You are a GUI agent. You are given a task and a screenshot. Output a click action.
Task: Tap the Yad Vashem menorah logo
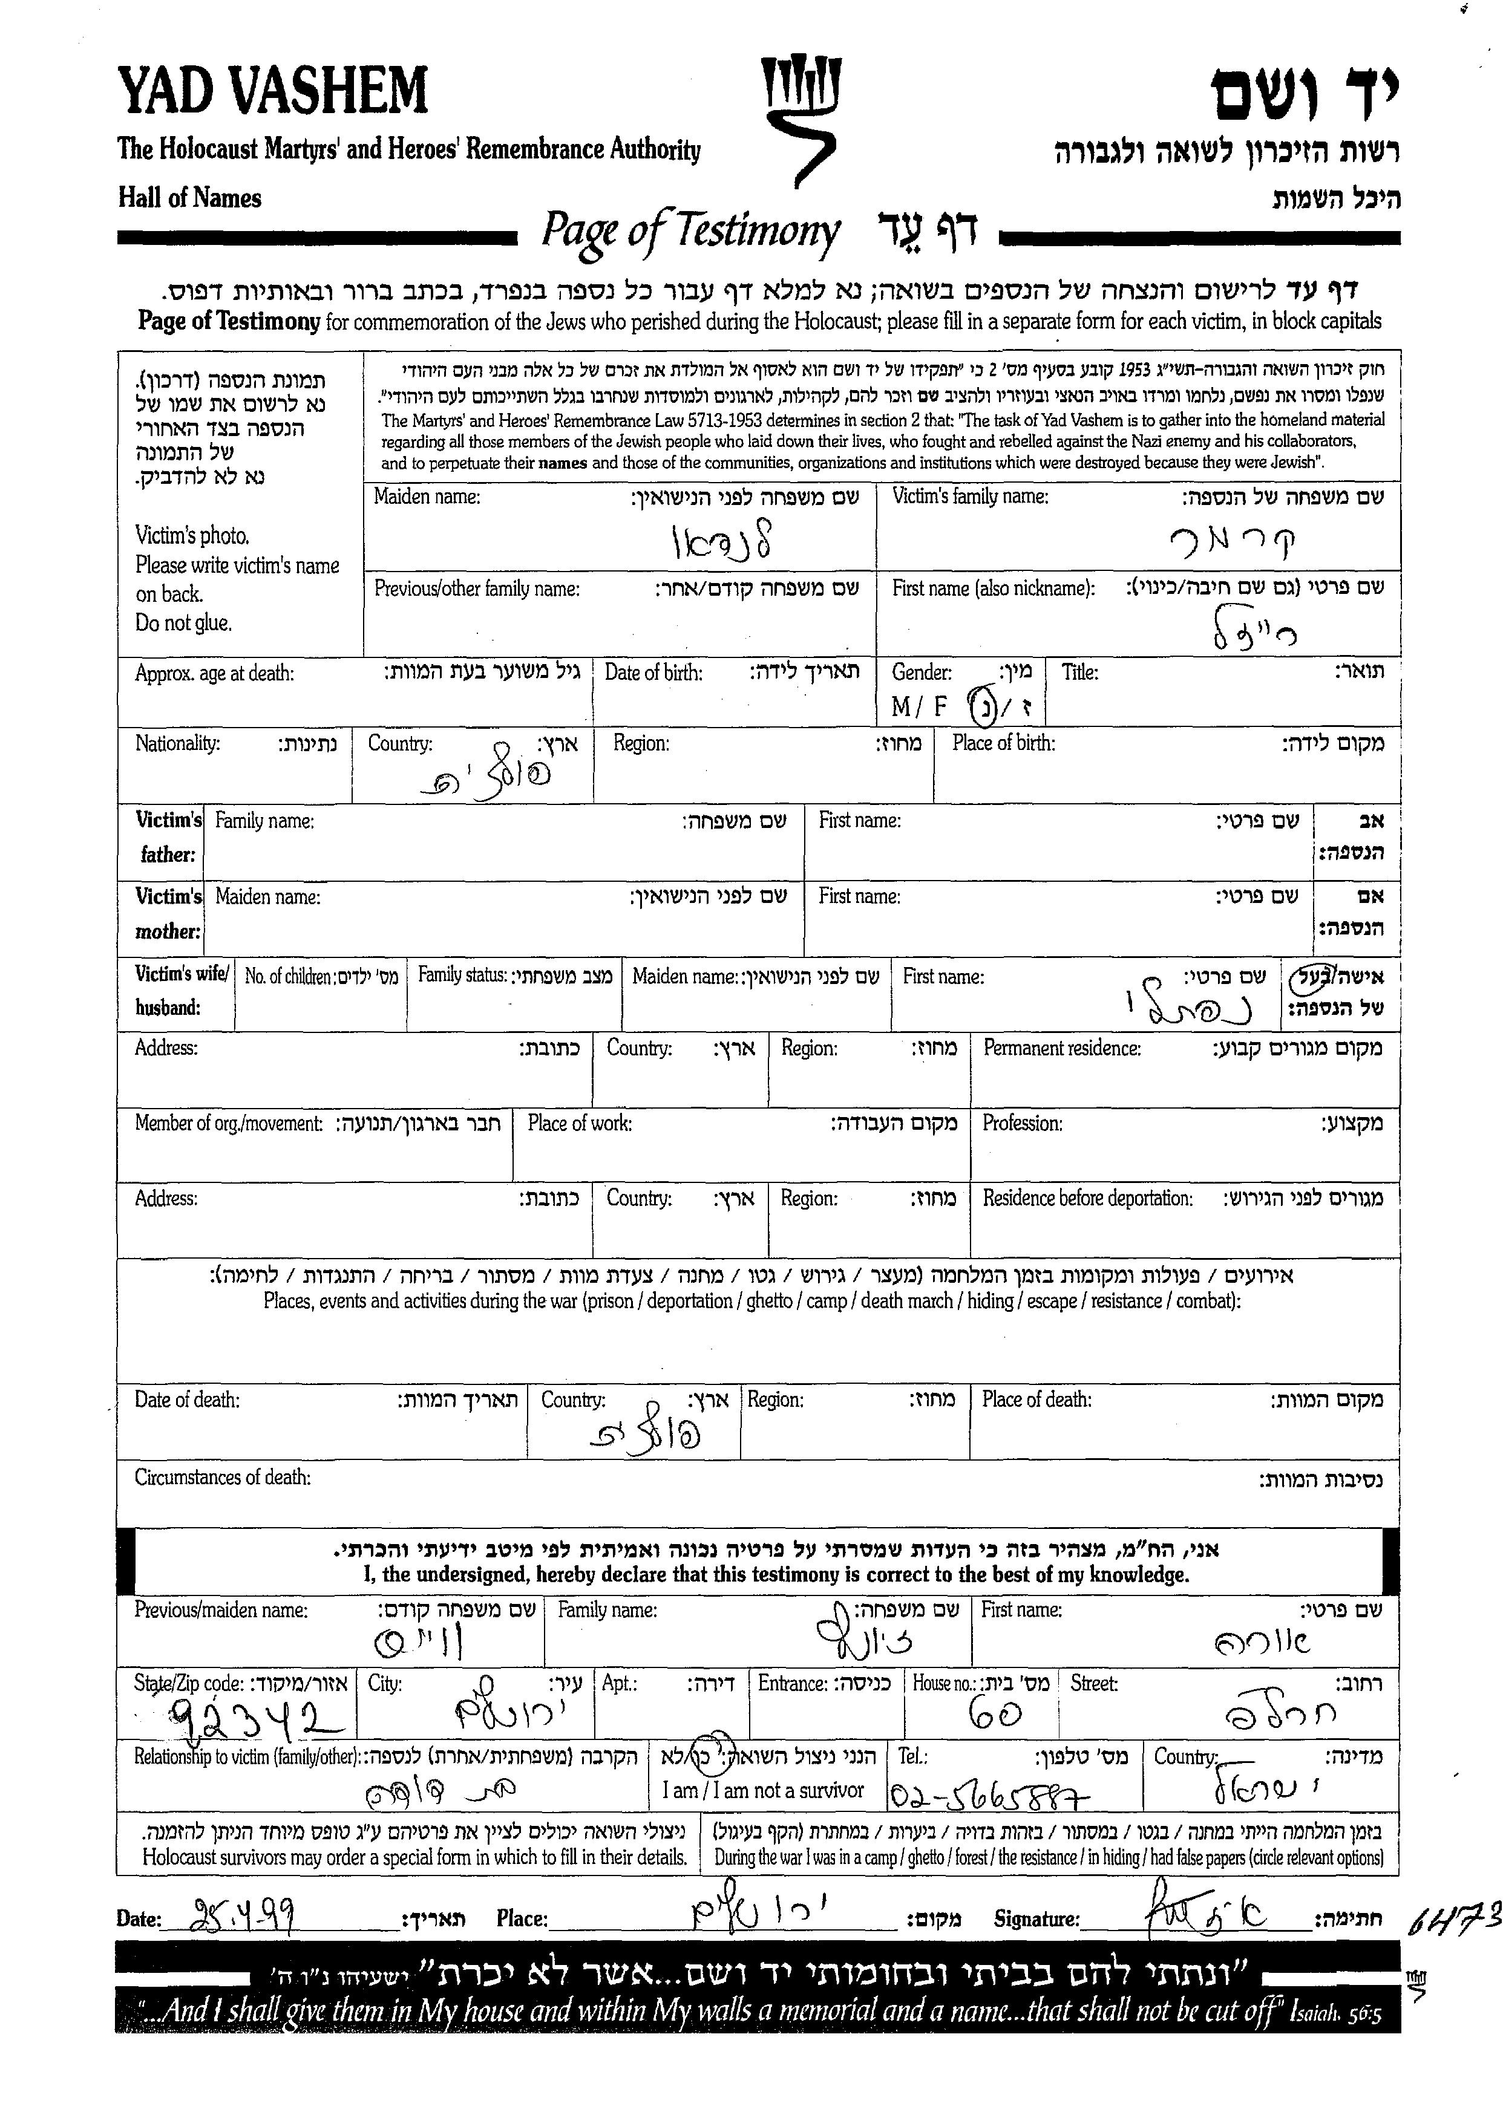pos(800,120)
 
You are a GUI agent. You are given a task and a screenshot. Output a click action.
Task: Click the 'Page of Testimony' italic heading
pos(690,231)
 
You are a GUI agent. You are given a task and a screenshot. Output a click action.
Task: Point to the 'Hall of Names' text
pos(190,198)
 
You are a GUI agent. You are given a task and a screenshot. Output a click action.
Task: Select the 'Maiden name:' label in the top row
pos(427,497)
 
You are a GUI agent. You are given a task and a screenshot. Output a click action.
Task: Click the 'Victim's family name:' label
pos(970,497)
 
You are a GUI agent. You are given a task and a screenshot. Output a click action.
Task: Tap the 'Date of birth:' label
pos(653,673)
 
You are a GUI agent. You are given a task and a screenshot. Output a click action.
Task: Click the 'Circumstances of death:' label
pos(222,1478)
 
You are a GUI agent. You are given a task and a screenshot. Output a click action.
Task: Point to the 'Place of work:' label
pos(580,1123)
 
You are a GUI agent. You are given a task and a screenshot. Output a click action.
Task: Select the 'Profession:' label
pos(1022,1123)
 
